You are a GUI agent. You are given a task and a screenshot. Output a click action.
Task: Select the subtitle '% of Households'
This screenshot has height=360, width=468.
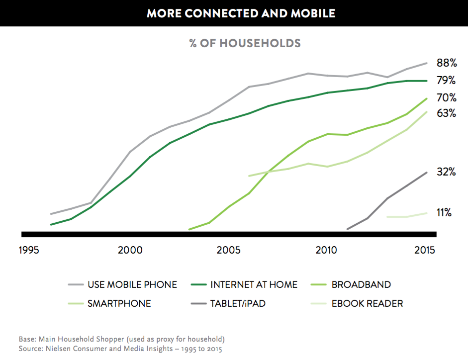click(245, 43)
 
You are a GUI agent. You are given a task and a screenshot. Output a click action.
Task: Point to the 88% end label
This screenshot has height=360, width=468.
click(446, 63)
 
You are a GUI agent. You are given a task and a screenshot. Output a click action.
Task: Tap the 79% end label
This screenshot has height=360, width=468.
click(446, 81)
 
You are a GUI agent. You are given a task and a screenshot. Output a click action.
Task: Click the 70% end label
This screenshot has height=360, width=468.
click(446, 97)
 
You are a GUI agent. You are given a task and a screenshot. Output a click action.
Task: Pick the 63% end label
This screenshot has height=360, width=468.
click(446, 113)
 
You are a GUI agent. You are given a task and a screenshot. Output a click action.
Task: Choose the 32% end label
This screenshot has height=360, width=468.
click(446, 172)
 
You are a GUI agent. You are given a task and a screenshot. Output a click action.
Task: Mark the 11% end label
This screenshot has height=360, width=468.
click(444, 213)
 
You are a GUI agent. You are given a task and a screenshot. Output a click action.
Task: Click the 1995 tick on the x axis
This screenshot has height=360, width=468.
click(29, 250)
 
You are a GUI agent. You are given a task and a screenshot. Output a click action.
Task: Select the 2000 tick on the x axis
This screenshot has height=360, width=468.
click(130, 250)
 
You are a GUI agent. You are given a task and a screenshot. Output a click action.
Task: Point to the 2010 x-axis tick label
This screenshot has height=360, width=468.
click(326, 250)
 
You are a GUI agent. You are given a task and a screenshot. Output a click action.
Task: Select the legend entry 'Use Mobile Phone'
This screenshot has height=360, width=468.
click(132, 285)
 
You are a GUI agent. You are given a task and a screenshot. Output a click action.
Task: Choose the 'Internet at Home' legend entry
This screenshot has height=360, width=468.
click(254, 285)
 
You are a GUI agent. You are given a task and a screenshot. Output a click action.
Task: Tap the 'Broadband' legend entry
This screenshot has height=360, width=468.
click(361, 285)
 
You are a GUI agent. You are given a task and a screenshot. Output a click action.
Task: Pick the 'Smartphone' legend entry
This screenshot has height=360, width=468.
click(119, 303)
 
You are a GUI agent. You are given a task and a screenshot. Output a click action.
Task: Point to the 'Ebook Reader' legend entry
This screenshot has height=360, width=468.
click(367, 303)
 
